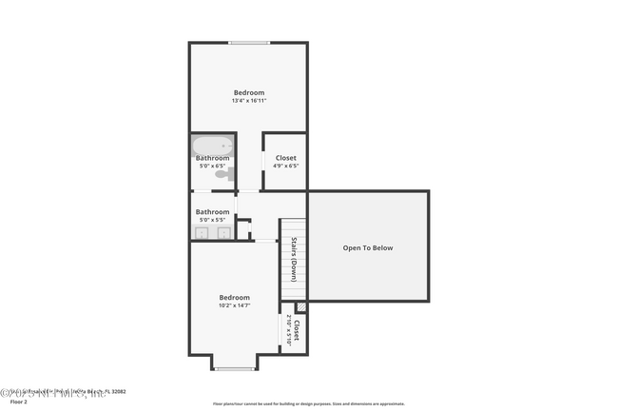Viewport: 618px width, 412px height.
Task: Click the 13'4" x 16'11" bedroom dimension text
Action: (248, 101)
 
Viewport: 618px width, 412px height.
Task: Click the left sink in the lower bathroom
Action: (202, 232)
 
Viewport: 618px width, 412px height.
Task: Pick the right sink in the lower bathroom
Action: (224, 232)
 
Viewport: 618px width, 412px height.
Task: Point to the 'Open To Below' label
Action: (367, 248)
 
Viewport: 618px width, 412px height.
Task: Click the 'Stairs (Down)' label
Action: (295, 259)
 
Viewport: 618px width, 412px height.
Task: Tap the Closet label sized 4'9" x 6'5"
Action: (285, 158)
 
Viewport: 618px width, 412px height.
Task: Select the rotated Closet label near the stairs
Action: (298, 331)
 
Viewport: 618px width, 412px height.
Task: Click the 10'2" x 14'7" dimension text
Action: (234, 305)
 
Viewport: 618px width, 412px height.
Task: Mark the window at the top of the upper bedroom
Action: (248, 43)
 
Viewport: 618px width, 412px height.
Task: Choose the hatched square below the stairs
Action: (300, 306)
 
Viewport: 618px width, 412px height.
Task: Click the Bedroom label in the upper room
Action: (249, 92)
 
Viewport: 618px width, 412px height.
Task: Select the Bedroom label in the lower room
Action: (234, 297)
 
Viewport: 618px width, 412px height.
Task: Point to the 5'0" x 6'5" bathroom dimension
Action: (212, 167)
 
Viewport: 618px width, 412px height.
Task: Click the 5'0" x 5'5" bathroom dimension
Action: (212, 220)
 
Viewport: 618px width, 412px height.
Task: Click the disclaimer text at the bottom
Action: (308, 404)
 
